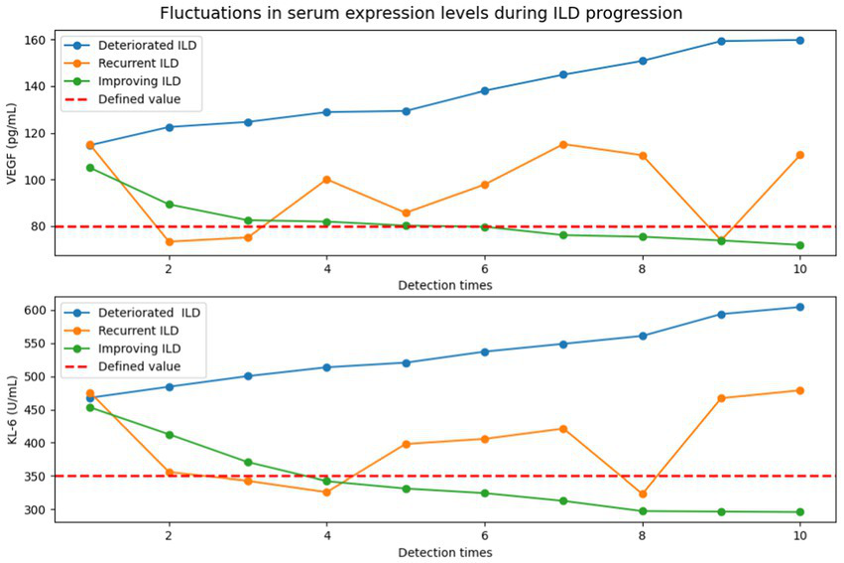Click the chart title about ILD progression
tap(421, 13)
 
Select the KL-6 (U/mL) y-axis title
tap(13, 413)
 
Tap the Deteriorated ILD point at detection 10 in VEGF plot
tap(799, 40)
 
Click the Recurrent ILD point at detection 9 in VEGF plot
tap(721, 240)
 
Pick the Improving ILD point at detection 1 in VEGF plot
tap(90, 168)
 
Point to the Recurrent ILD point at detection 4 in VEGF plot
tap(326, 180)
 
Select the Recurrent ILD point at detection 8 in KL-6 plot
tap(643, 493)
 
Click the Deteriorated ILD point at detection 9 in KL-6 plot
tap(721, 314)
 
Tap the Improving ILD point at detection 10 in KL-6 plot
tap(799, 512)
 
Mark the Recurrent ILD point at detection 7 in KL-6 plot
tap(563, 429)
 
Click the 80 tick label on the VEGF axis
tap(41, 226)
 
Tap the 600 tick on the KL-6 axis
tap(38, 310)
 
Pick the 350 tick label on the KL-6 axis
tap(38, 477)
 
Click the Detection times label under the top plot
tap(444, 285)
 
